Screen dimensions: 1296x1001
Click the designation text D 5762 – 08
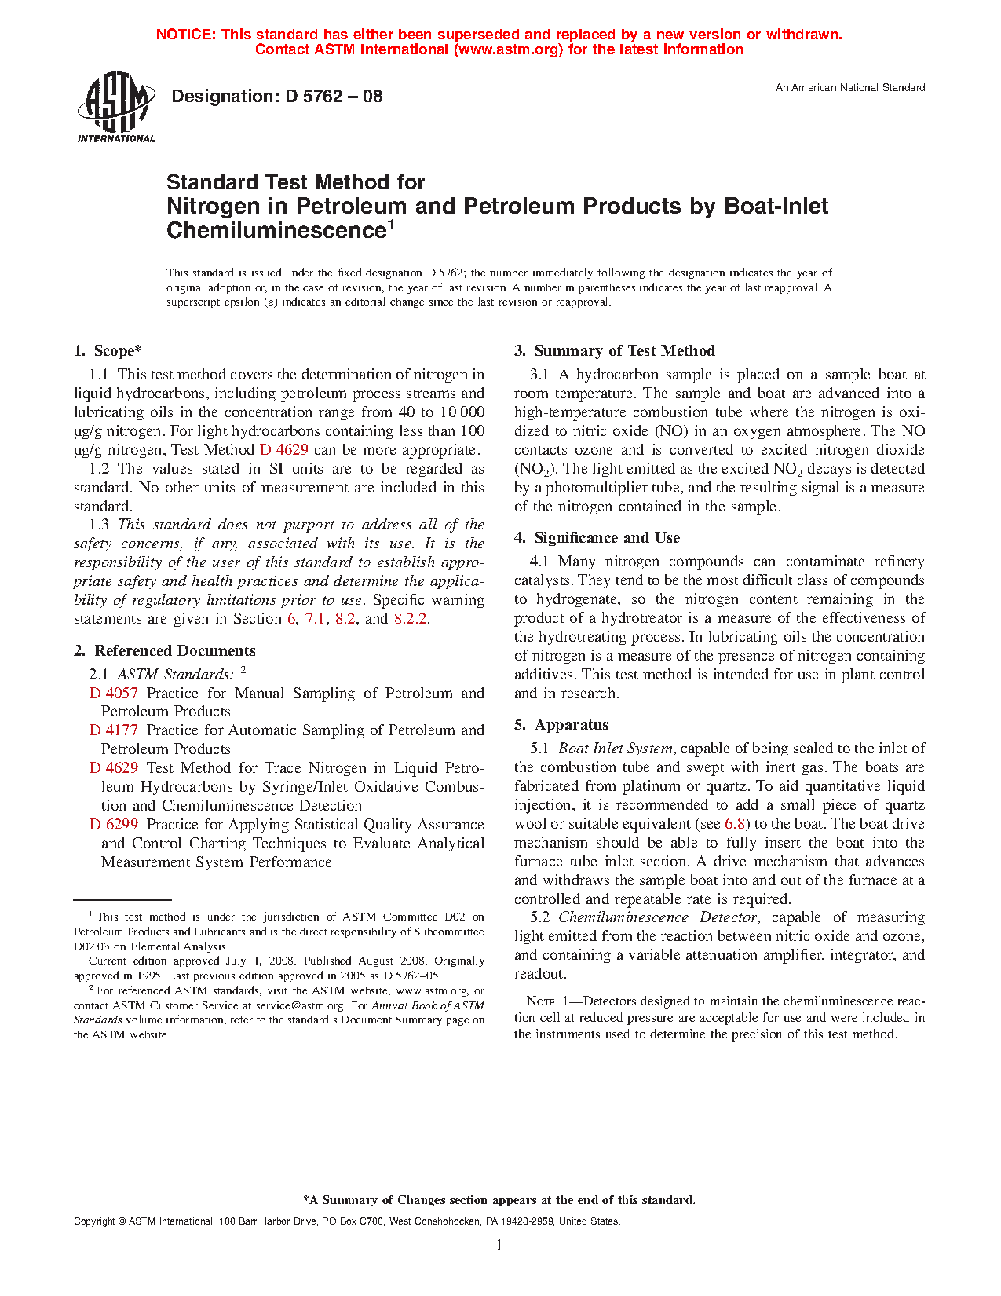coord(276,97)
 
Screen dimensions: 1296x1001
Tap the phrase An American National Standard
coord(849,88)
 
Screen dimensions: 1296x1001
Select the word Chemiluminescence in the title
coord(274,231)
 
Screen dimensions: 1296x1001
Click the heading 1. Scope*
coord(108,351)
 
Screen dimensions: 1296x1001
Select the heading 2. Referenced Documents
coord(164,651)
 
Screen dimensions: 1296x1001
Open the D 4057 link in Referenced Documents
coord(113,694)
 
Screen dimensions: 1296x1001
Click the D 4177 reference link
coord(113,730)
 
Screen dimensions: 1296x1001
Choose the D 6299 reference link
coord(113,825)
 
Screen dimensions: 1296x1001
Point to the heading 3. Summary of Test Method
coord(615,351)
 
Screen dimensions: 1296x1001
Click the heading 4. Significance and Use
coord(597,538)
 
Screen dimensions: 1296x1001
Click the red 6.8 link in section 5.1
coord(736,824)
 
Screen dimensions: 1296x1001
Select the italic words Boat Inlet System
coord(616,749)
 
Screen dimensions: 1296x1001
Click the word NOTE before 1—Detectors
coord(541,1001)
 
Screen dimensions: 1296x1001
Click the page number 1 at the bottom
coord(499,1245)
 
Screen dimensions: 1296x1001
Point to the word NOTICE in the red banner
coord(184,35)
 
